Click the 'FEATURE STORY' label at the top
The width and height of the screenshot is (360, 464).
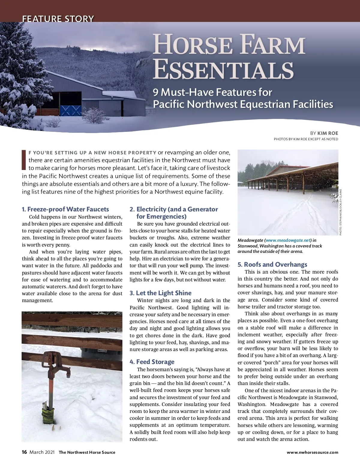point(58,19)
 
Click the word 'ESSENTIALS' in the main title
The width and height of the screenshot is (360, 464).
point(223,70)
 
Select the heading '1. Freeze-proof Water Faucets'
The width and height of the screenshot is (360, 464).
point(65,209)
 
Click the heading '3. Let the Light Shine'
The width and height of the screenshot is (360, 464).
point(160,293)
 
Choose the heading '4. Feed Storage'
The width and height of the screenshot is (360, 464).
point(152,362)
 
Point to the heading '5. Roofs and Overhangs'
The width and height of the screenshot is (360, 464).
point(272,265)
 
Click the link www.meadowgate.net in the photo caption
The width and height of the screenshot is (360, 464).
point(288,240)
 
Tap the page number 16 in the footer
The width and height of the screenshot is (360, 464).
point(24,452)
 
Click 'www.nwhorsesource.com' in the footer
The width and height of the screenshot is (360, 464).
point(312,452)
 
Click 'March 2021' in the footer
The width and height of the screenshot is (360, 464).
point(42,452)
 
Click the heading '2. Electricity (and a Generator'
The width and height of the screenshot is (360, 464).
point(174,209)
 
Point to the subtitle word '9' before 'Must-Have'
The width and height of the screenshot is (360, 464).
point(156,92)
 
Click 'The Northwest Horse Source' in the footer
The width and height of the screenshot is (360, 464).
point(87,452)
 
